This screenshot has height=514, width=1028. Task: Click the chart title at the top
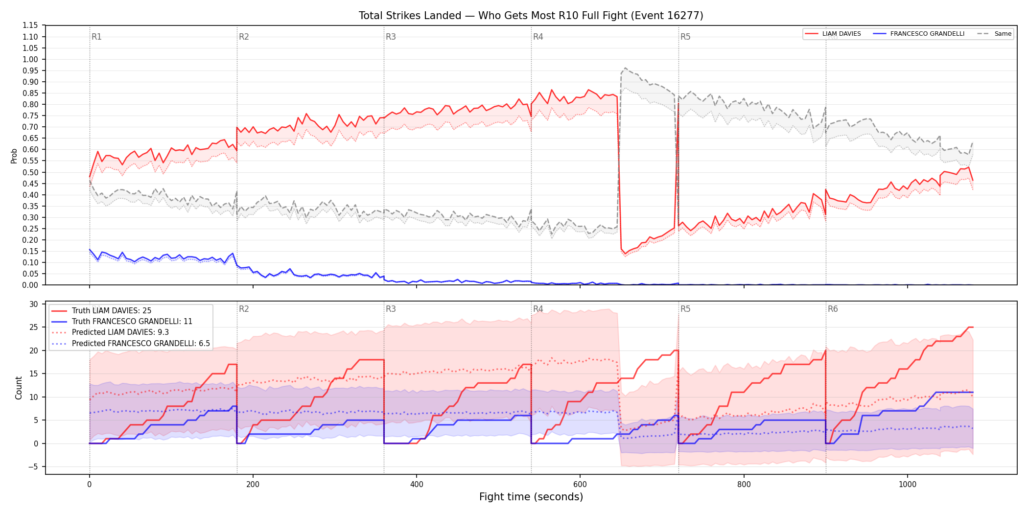point(531,16)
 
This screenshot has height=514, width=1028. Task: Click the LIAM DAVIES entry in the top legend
point(833,34)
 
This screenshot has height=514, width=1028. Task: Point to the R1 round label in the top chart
point(96,37)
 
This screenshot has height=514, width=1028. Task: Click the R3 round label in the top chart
point(391,37)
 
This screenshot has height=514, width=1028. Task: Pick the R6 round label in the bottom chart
point(833,309)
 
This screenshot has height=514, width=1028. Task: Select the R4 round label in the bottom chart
point(538,309)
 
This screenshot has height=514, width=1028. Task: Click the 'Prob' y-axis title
point(14,156)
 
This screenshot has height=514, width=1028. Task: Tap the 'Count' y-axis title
point(19,388)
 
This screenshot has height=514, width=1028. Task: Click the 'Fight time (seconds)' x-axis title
point(531,497)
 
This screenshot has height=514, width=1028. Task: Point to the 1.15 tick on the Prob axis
point(30,25)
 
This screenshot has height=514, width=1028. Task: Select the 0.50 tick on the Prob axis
point(30,172)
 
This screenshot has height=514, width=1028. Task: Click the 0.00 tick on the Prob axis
point(30,285)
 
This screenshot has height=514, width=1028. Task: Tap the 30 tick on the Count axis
point(34,304)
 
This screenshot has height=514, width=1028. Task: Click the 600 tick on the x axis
point(580,485)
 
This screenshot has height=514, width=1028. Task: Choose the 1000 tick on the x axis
point(908,485)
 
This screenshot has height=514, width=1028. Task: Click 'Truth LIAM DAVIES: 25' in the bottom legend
point(112,311)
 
